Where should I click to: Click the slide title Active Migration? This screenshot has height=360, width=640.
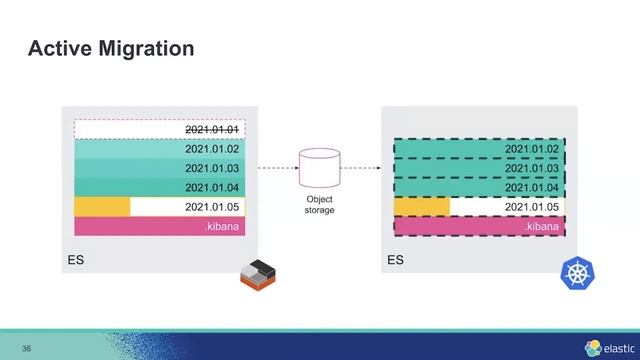tap(110, 48)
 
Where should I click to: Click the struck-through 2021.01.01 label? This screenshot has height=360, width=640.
tap(215, 130)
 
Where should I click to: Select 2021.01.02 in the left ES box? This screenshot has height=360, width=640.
tap(215, 149)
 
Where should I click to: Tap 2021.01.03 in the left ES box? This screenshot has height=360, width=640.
tap(215, 168)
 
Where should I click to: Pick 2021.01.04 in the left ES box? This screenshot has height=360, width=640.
tap(215, 187)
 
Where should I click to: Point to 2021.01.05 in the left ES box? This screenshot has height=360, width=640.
tap(215, 207)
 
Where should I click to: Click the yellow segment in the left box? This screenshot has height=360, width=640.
tap(102, 207)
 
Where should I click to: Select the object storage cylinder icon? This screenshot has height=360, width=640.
tap(320, 168)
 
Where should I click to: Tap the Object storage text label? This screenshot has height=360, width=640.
tap(320, 205)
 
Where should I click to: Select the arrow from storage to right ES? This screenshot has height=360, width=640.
tap(361, 169)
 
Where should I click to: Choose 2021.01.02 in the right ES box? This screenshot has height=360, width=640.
tap(531, 149)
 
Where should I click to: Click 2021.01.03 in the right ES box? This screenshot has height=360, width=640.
tap(531, 168)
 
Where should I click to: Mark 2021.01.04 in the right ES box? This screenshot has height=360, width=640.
tap(531, 187)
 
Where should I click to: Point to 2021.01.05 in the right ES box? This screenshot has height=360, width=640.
tap(531, 207)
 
